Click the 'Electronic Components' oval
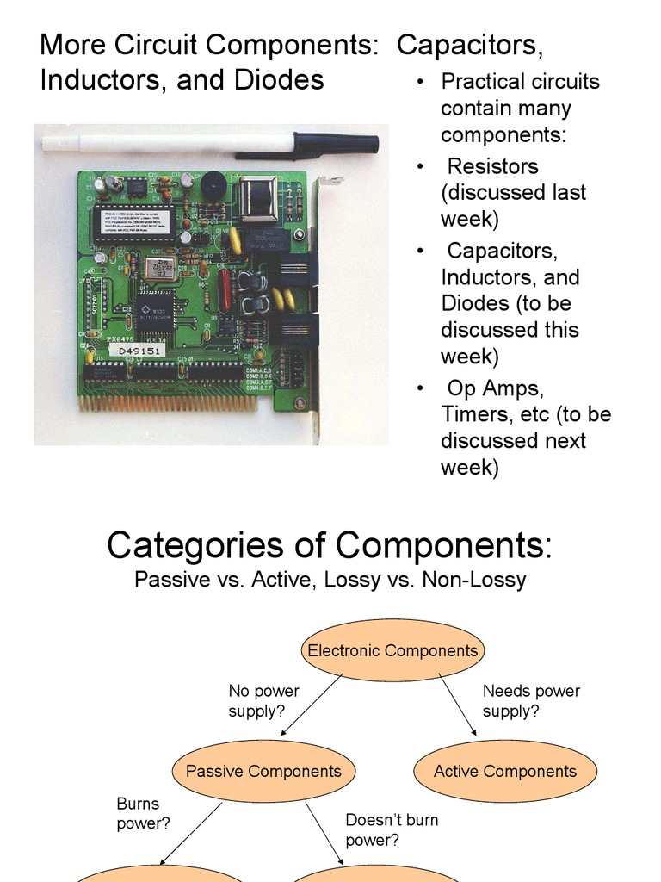click(x=392, y=651)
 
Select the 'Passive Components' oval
click(x=263, y=771)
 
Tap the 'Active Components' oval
click(x=505, y=771)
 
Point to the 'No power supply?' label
click(x=263, y=701)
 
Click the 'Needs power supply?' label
click(x=531, y=701)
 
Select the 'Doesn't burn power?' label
click(x=392, y=829)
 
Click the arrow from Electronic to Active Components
click(x=457, y=705)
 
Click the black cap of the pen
click(x=336, y=142)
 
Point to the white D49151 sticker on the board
click(x=139, y=351)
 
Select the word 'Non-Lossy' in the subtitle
click(x=473, y=580)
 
